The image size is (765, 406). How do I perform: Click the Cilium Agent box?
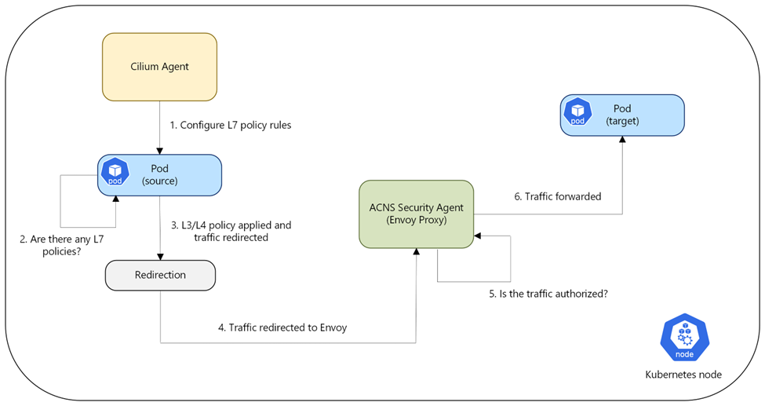(159, 67)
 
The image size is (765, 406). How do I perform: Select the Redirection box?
(161, 275)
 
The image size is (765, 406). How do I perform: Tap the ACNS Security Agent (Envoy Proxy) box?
(416, 214)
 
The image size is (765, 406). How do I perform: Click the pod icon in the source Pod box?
(115, 171)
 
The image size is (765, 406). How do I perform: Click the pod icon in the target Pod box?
(577, 112)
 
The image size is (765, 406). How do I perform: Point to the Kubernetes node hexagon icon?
(684, 338)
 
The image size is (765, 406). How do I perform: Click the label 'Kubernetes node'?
(683, 375)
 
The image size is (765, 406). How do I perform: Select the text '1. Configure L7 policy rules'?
(230, 125)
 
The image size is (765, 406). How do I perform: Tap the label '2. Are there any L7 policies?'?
(61, 245)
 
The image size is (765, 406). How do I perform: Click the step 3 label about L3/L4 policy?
(231, 231)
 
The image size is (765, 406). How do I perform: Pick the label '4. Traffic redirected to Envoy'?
(282, 327)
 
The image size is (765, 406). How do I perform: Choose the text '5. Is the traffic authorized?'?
(548, 294)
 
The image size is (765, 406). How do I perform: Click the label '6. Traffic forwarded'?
(558, 196)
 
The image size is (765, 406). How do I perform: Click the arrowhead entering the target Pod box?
(622, 139)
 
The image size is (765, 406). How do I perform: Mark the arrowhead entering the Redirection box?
(160, 257)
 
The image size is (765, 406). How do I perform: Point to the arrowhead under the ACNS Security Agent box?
(416, 251)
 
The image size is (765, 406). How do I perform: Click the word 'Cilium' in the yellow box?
(144, 67)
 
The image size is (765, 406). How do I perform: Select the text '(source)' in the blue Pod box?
(160, 181)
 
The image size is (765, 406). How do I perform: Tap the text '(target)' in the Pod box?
(622, 121)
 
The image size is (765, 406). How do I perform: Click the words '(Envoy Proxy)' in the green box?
(416, 220)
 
